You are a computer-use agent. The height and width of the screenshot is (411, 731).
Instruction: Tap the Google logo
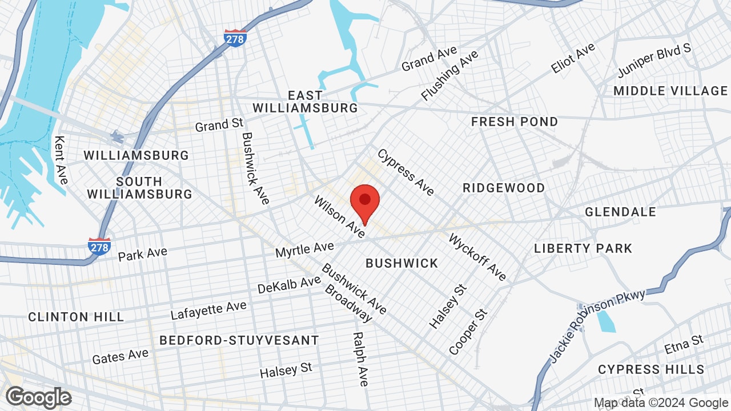(38, 397)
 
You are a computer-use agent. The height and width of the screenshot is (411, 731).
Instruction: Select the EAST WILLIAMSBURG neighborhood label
(306, 102)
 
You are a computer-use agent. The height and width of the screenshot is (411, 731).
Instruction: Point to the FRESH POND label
(515, 122)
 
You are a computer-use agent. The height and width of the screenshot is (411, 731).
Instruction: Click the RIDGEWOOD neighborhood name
(504, 188)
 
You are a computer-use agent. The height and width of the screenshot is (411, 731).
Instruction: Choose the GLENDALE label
(621, 212)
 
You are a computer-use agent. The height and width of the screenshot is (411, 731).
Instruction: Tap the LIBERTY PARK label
(583, 248)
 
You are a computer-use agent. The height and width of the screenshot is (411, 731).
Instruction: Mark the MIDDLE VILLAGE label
(670, 91)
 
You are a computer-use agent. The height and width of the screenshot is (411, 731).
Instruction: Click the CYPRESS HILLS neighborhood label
(651, 370)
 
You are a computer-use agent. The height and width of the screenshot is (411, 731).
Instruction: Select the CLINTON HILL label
(76, 317)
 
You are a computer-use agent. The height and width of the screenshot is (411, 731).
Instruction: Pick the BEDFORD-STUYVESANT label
(239, 341)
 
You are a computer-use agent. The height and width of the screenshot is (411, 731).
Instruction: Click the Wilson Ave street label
(339, 217)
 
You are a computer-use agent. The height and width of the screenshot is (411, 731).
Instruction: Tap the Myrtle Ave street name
(304, 249)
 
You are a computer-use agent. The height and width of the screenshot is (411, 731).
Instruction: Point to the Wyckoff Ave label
(478, 257)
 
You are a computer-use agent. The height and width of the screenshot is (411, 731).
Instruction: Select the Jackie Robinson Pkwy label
(597, 326)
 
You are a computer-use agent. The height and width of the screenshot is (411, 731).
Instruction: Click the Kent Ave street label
(61, 160)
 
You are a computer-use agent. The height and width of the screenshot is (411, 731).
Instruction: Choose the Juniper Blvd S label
(654, 61)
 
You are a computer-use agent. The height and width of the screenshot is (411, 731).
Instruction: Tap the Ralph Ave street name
(360, 360)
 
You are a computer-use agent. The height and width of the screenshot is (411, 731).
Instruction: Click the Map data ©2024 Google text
(660, 403)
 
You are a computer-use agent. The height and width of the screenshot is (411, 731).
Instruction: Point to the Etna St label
(684, 345)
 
